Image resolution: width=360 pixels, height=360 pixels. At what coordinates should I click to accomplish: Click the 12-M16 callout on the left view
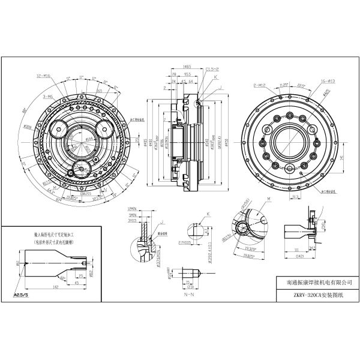tap(44, 77)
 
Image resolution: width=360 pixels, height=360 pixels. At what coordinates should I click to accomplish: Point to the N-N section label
tap(190, 296)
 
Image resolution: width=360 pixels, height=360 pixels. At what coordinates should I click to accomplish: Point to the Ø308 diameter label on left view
tap(28, 127)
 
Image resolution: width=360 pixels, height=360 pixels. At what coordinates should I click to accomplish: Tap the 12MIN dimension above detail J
tap(134, 209)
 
